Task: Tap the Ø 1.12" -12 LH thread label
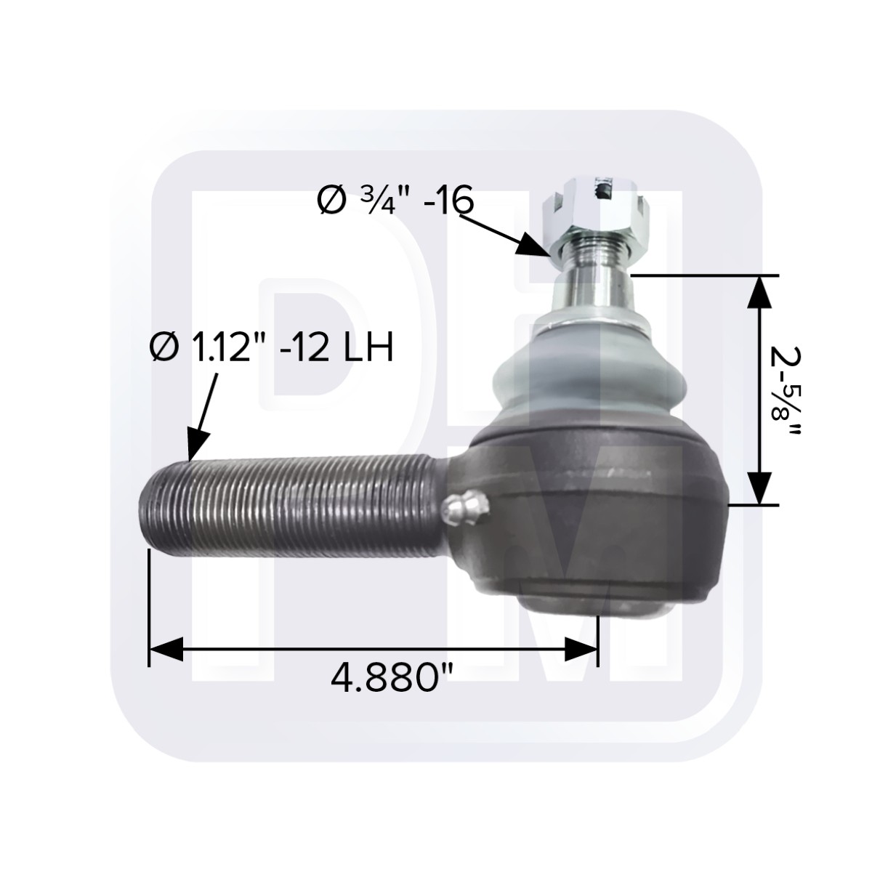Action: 271,347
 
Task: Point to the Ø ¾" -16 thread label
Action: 395,199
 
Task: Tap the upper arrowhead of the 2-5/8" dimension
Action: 759,291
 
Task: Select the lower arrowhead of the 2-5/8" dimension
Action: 759,488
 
